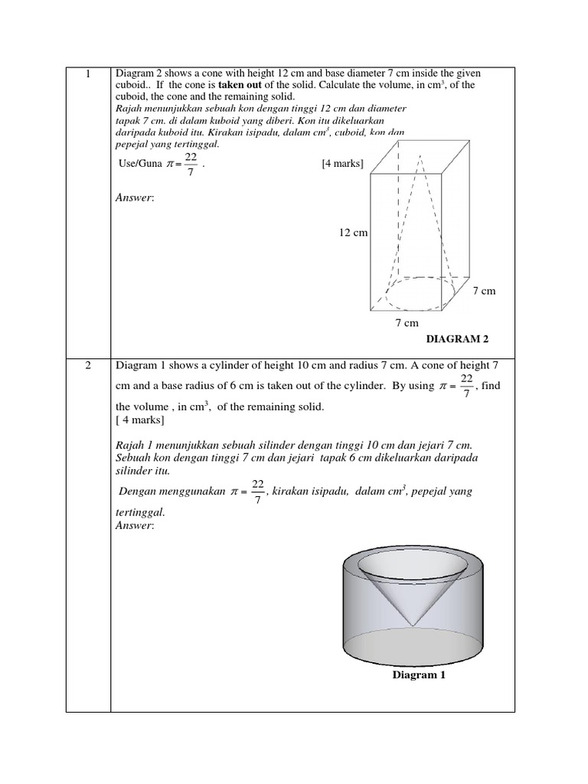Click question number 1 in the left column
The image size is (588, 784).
(x=88, y=74)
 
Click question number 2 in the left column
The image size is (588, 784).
(x=88, y=365)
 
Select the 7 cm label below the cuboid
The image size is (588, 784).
(x=407, y=324)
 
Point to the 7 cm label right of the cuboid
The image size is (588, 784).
(x=485, y=291)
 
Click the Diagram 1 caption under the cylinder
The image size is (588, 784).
(x=419, y=675)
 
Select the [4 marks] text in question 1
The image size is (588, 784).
(x=342, y=164)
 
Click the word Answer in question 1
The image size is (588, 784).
(x=134, y=198)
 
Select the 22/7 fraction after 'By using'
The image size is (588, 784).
(x=466, y=386)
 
